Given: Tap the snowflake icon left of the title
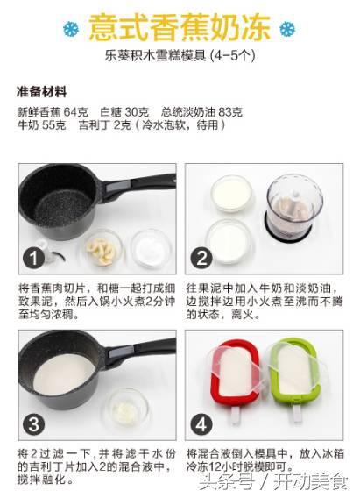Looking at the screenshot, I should pos(71,28).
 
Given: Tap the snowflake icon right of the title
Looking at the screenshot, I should pos(286,28).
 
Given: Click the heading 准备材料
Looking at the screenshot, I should pos(42,91).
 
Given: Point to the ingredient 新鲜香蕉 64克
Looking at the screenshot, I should pos(53,112).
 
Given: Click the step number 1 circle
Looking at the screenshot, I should pos(33,258).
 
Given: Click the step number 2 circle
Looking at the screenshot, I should pos(201,258).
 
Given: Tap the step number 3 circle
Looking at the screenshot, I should pos(33,426).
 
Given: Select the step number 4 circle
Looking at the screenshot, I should pos(201,426).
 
